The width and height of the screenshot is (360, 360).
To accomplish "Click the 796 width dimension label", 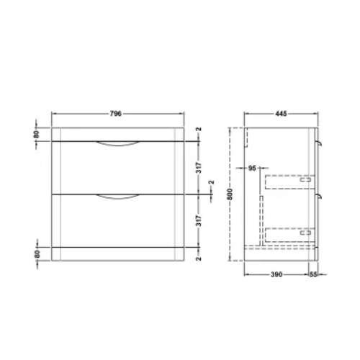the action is pos(116,114).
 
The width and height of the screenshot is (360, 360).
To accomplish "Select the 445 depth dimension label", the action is pos(281,114).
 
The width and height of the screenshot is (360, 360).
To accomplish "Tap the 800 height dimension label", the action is pos(230,194).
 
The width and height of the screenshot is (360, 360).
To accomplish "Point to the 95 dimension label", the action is pos(252,168).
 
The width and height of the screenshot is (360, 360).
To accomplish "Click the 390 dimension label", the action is pos(276,274).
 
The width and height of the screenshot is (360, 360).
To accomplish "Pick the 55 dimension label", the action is pos(313,274).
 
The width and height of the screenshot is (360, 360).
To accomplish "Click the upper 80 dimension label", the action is pos(36,135).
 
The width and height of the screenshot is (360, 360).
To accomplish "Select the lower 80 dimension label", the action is pos(37,254).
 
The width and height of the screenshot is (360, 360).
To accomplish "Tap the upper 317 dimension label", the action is pos(199,168).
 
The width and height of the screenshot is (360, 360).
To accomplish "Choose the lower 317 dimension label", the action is pos(199,220).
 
